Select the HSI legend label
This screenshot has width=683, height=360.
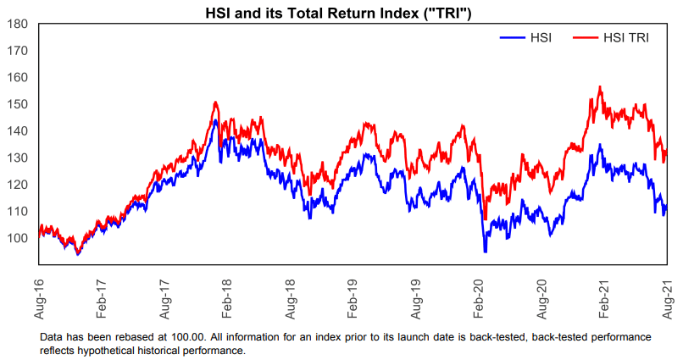(x=541, y=38)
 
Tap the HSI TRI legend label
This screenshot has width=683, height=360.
(x=626, y=38)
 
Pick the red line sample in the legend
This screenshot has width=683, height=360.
(x=586, y=38)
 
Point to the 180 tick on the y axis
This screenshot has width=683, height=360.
(x=19, y=24)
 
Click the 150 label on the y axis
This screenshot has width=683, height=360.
(x=19, y=104)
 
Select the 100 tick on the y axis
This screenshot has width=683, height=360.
(x=19, y=238)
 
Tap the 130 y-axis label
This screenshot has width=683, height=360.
(x=19, y=158)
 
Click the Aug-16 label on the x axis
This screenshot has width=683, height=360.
(x=39, y=299)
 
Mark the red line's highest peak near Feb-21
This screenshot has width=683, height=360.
(x=600, y=86)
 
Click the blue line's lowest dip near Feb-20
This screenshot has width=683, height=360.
(x=486, y=252)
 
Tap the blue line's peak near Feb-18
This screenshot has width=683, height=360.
(x=215, y=120)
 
